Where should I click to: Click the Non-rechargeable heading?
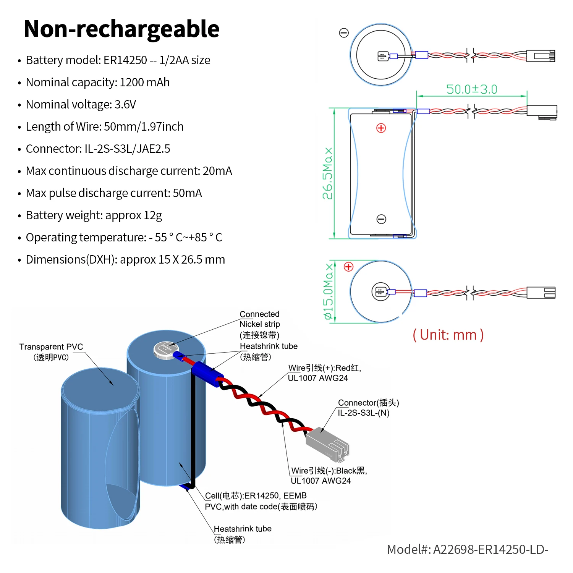coord(121,29)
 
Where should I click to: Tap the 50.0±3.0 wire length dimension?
coord(472,89)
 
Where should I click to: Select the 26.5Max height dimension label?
coord(327,173)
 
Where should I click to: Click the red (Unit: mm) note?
coord(448,335)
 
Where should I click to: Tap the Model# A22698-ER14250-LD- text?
coord(468,549)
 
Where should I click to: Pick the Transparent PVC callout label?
coord(51,352)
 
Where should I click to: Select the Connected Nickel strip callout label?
coord(260,324)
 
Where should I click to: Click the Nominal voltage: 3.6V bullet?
coord(81,104)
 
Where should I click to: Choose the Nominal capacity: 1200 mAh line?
coord(97,82)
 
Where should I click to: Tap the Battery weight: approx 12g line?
coord(94,215)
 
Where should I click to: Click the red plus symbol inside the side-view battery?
coord(381,128)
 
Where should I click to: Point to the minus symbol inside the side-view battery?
coord(381,219)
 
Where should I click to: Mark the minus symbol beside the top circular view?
coord(344,33)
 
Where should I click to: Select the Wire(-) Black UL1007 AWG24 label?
coord(329,476)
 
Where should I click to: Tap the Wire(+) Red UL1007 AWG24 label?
coord(324,373)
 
